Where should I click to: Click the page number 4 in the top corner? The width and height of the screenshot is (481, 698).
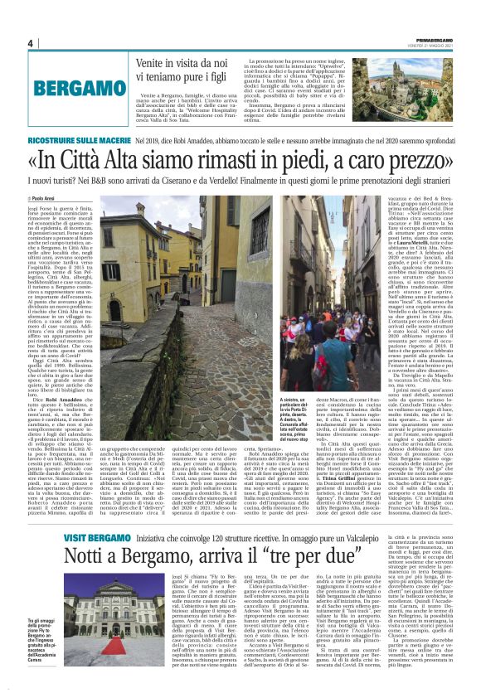(x=30, y=44)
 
